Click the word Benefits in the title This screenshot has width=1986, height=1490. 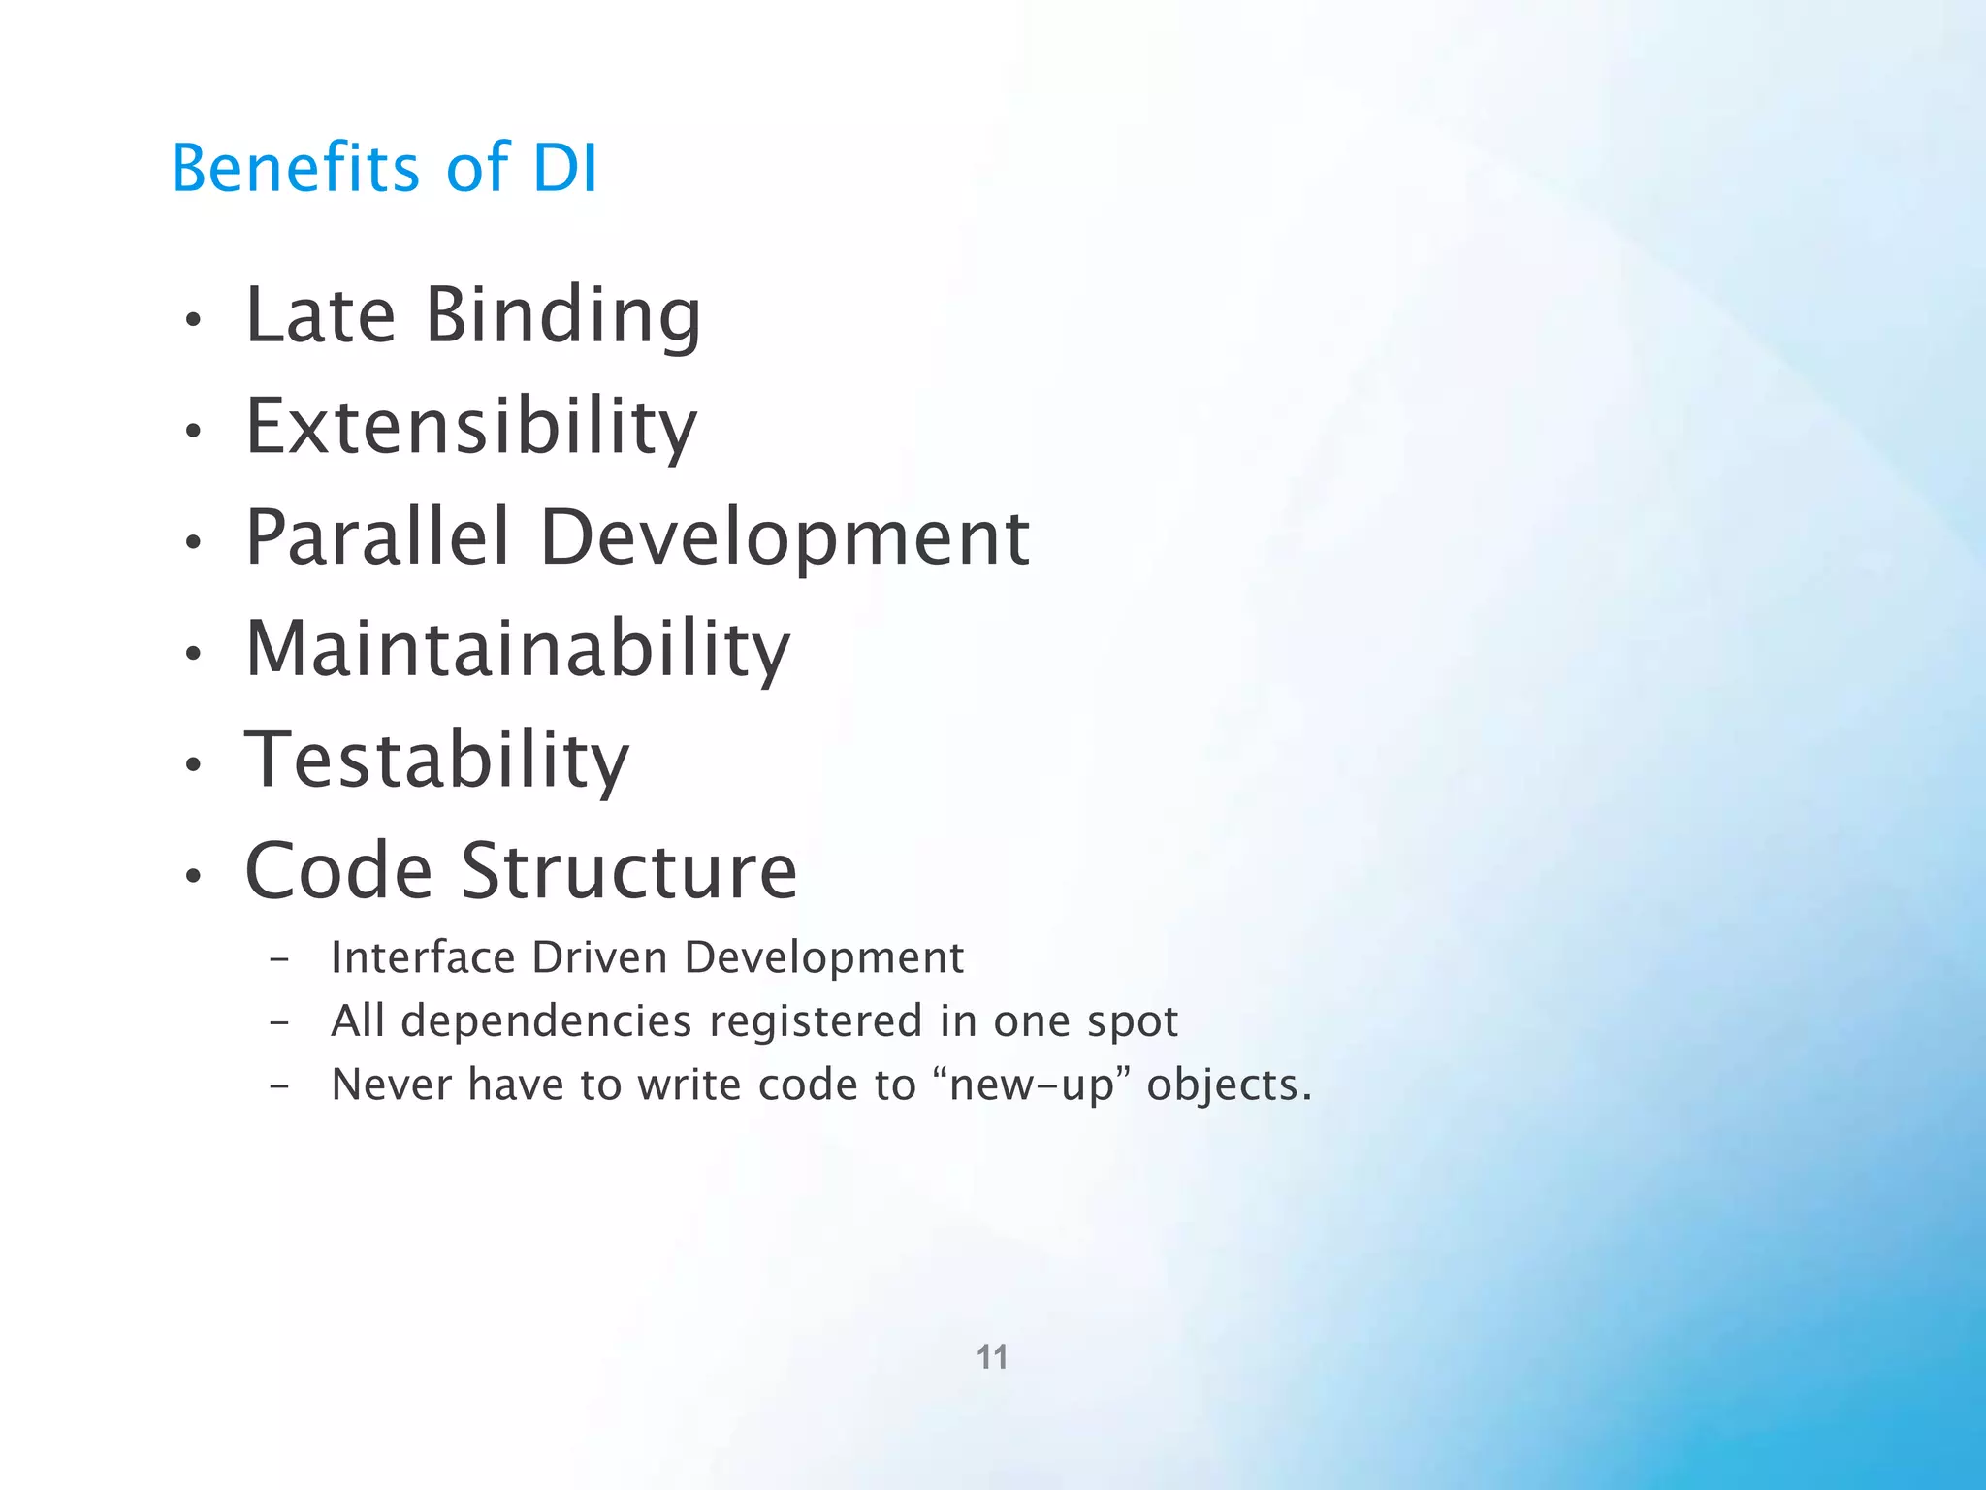click(295, 168)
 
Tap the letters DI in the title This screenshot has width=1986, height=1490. click(565, 168)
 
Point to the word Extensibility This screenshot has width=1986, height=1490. click(471, 429)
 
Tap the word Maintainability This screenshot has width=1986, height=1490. click(518, 650)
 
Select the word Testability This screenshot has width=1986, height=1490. click(437, 761)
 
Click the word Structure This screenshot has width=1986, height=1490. click(628, 871)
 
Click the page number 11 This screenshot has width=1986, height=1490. click(992, 1357)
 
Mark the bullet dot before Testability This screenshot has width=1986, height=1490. click(194, 764)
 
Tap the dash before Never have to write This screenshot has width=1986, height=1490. click(279, 1086)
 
